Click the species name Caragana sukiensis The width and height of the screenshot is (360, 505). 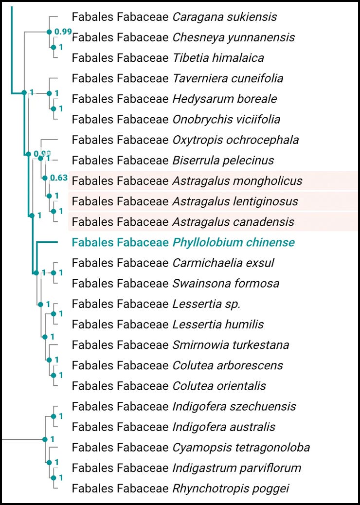click(x=224, y=17)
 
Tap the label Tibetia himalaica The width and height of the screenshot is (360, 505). click(x=218, y=58)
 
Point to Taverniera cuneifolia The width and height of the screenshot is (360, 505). click(x=228, y=78)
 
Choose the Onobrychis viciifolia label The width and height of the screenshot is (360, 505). click(x=226, y=119)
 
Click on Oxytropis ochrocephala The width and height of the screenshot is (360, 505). click(x=235, y=140)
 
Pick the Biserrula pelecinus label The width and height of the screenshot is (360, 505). click(x=223, y=161)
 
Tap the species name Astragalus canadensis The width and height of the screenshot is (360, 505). click(x=233, y=222)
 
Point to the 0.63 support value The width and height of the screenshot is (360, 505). click(x=59, y=178)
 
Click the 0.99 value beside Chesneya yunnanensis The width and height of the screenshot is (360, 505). click(x=63, y=32)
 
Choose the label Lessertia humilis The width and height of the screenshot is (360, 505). click(x=218, y=324)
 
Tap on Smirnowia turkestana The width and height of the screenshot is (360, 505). click(x=231, y=345)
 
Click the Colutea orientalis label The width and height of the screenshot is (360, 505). click(x=219, y=386)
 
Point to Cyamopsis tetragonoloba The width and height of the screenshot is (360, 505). click(x=241, y=447)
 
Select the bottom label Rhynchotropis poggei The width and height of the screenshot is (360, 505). click(x=231, y=488)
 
